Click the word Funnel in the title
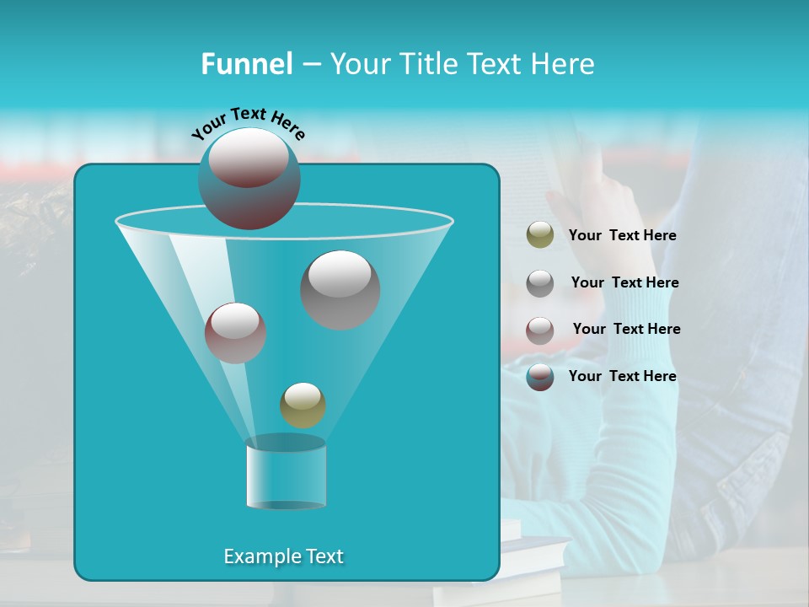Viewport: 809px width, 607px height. [x=246, y=64]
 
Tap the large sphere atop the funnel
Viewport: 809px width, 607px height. [x=249, y=178]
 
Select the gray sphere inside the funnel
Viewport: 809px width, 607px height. [x=340, y=289]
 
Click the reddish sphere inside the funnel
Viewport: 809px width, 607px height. [x=235, y=333]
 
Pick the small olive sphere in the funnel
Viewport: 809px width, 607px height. [x=303, y=405]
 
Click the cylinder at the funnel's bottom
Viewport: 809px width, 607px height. [x=286, y=474]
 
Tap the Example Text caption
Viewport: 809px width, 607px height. [x=283, y=556]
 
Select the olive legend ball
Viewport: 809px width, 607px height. [x=539, y=235]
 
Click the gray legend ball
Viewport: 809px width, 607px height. [x=539, y=282]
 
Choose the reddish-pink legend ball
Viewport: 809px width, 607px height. [x=539, y=330]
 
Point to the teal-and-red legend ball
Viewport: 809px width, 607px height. [x=539, y=377]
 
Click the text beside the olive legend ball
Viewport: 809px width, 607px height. [x=622, y=236]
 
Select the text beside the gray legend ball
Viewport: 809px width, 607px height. [x=624, y=283]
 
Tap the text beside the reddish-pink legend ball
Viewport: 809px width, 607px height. [x=626, y=330]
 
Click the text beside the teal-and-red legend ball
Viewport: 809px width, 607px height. [x=622, y=377]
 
